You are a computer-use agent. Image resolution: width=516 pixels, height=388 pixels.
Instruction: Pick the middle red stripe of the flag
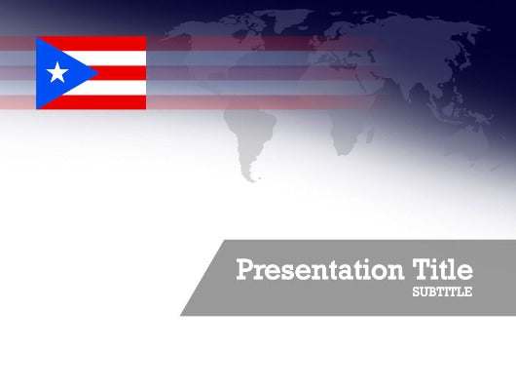[x=122, y=72]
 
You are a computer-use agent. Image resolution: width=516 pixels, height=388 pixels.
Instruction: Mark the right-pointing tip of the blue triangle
[x=95, y=72]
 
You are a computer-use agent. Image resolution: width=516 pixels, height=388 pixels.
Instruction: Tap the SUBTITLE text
[x=442, y=292]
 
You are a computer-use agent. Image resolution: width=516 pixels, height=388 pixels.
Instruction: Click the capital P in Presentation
[x=245, y=270]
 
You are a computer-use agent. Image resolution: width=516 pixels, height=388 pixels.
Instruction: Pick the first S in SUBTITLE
[x=416, y=292]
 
